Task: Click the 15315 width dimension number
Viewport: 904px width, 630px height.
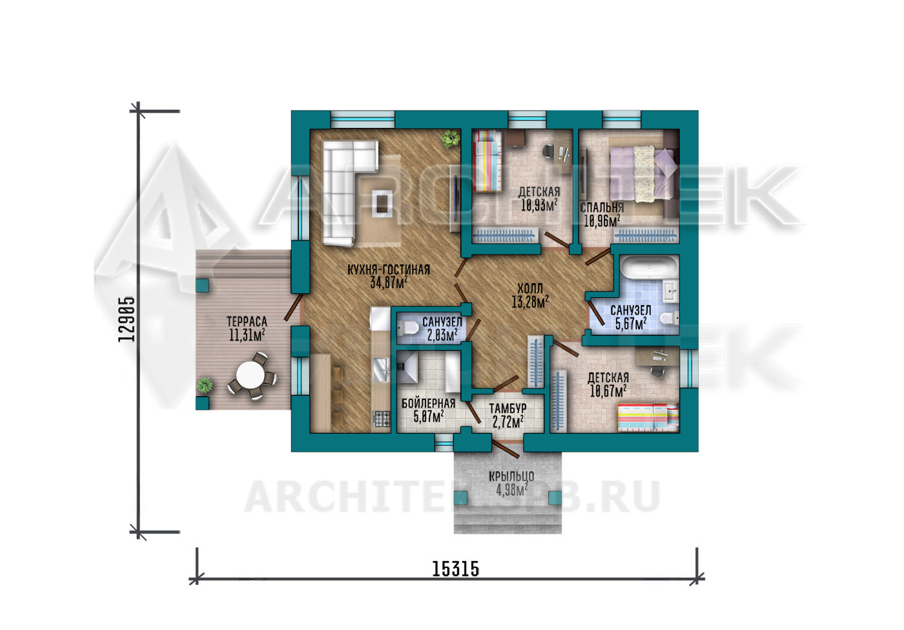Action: [x=456, y=569]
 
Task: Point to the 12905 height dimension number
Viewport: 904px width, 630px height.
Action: [x=127, y=319]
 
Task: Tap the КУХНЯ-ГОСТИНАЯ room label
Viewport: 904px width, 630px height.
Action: [x=389, y=269]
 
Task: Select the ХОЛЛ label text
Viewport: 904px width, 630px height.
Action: [x=530, y=288]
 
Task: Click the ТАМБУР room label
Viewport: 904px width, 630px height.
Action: [x=508, y=408]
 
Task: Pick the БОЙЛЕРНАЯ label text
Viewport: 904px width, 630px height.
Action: [x=428, y=403]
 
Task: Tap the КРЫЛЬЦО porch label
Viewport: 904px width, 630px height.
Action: [x=511, y=476]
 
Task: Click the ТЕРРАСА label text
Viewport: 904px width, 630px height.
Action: [x=247, y=322]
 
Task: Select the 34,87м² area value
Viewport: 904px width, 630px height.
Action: [x=389, y=282]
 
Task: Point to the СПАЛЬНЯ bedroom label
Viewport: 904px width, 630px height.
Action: [x=602, y=207]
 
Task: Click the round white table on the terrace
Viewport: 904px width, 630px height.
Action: [x=250, y=374]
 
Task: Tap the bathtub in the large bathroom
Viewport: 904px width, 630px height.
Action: [x=650, y=268]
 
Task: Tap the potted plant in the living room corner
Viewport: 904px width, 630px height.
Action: [x=451, y=139]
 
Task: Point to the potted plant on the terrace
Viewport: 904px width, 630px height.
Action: [x=205, y=385]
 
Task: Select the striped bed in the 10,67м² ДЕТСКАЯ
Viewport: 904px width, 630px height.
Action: [x=648, y=418]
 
